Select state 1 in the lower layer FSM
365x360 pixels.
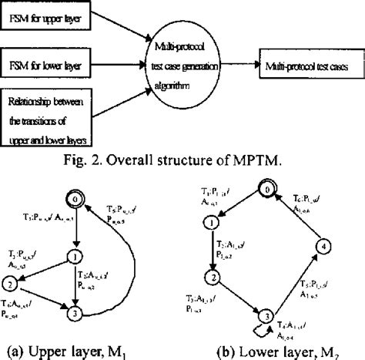coord(208,224)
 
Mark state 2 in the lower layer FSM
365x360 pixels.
coord(208,276)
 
